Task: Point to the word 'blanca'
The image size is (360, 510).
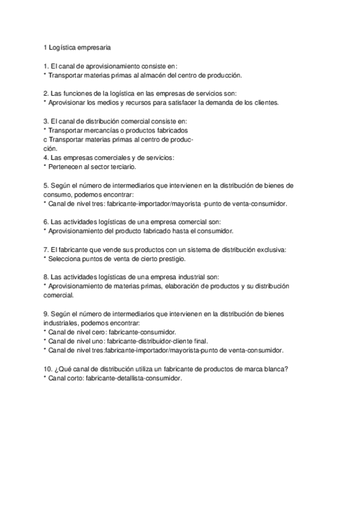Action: pyautogui.click(x=276, y=369)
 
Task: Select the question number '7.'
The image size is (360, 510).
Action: pyautogui.click(x=46, y=249)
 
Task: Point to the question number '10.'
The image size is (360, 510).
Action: pyautogui.click(x=48, y=369)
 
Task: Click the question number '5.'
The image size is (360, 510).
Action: pyautogui.click(x=46, y=185)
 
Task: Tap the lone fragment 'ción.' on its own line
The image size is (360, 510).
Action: pyautogui.click(x=51, y=148)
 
